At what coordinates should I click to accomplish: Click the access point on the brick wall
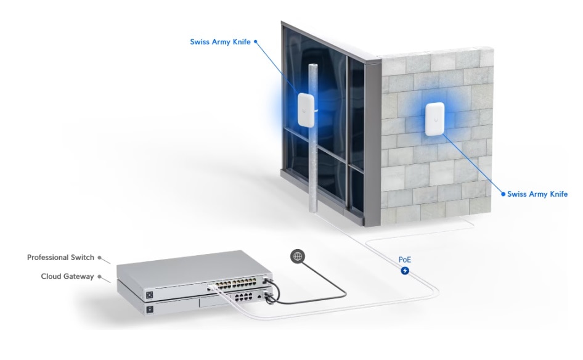tap(434, 119)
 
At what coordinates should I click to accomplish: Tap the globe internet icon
tap(298, 256)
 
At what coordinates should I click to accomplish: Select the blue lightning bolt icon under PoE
tap(405, 271)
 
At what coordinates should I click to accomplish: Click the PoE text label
tap(405, 260)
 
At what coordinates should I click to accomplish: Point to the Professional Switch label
tap(60, 257)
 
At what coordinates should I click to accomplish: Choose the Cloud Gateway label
tap(67, 276)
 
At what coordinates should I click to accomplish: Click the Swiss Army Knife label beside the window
tap(220, 42)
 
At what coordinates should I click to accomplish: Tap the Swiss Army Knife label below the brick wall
tap(537, 194)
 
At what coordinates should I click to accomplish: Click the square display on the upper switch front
tap(150, 295)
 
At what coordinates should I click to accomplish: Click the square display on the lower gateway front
tap(150, 309)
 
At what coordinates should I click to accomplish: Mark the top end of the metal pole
tap(313, 65)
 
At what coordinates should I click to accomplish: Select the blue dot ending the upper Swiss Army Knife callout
tap(255, 42)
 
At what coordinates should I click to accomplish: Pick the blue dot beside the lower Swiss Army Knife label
tap(503, 194)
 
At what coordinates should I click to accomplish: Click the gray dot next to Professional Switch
tap(99, 257)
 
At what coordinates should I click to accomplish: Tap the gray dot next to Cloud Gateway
tap(99, 276)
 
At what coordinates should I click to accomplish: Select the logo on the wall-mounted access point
tap(434, 120)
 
